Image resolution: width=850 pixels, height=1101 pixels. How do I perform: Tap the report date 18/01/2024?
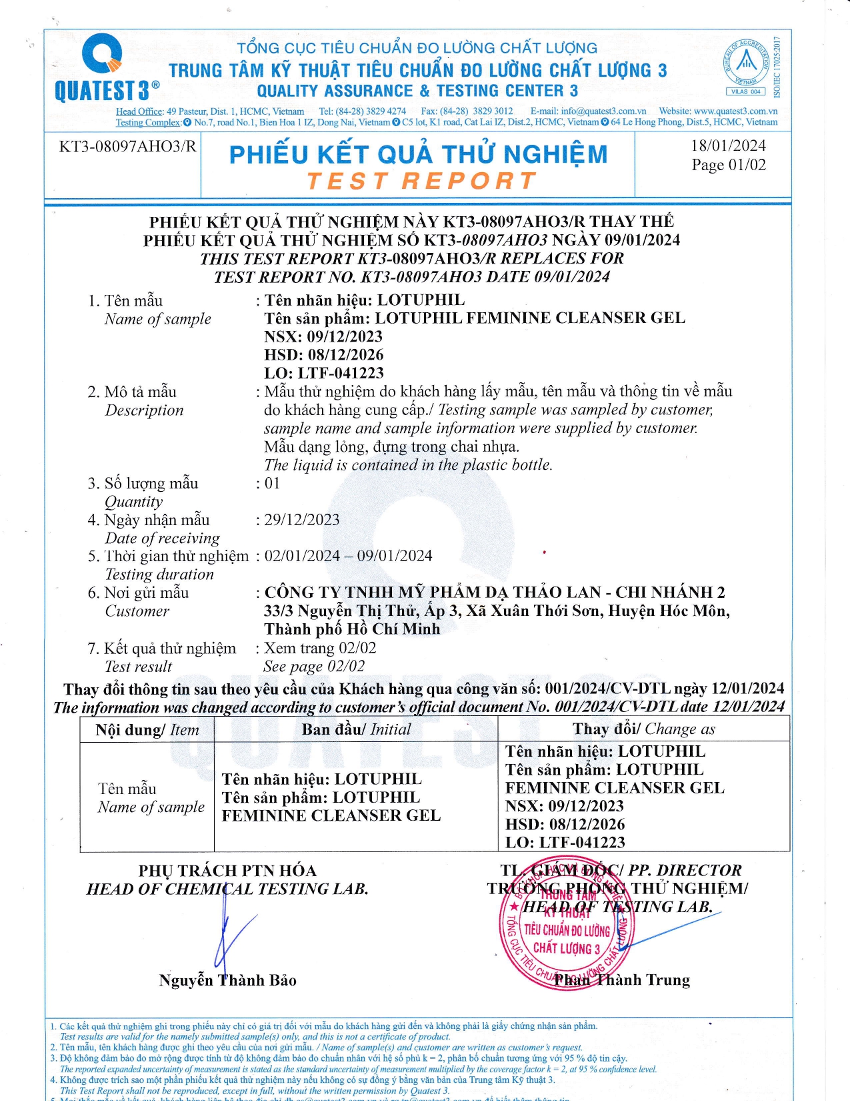[x=728, y=145]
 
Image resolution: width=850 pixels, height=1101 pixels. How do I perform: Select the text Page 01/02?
[x=729, y=165]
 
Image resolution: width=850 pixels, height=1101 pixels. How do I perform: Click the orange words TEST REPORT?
[x=421, y=181]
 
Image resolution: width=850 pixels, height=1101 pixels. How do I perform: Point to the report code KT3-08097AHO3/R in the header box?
[x=127, y=146]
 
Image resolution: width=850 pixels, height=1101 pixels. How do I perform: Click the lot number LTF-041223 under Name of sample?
[x=341, y=373]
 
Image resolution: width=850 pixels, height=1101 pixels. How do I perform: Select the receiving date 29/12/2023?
[x=302, y=520]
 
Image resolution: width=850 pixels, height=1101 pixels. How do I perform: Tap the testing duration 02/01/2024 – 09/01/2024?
[x=348, y=556]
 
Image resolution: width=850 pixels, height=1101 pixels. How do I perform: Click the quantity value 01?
[x=272, y=483]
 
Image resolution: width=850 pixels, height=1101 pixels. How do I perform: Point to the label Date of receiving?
[x=162, y=538]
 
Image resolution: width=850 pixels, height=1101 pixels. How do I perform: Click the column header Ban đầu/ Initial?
[x=356, y=729]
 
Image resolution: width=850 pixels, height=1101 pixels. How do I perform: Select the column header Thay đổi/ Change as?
[x=643, y=729]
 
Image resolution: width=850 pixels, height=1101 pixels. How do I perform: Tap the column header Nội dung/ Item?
[x=147, y=730]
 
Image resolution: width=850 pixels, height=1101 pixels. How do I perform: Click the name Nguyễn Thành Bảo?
[x=227, y=980]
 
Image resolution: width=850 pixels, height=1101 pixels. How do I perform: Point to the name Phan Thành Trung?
[x=621, y=980]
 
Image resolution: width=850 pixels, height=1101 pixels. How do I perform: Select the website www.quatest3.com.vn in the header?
[x=735, y=111]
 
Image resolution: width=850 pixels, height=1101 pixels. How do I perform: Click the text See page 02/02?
[x=314, y=666]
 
